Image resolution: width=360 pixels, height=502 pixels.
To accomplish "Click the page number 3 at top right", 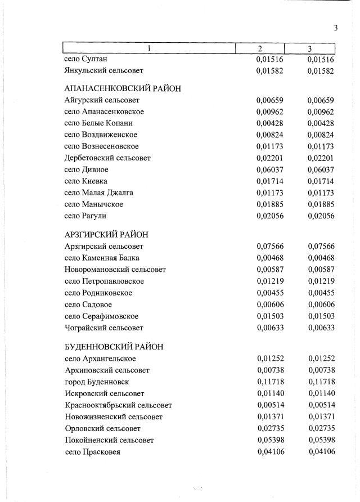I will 335,28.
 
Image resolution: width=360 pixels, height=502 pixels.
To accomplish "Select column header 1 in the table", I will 148,48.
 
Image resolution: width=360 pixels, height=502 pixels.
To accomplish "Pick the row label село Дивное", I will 87,169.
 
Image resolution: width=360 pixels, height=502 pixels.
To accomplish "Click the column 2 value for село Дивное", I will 269,169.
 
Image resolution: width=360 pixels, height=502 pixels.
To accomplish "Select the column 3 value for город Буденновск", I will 321,382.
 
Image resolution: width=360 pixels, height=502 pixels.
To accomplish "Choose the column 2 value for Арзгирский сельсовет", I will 269,246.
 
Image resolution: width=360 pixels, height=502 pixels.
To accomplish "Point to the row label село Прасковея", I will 93,452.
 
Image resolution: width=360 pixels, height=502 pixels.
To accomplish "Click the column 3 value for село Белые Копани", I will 321,123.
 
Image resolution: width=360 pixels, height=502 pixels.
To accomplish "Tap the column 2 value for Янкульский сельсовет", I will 269,71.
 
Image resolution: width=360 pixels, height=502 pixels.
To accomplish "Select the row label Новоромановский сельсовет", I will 115,270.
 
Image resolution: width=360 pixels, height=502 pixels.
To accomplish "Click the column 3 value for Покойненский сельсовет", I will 321,440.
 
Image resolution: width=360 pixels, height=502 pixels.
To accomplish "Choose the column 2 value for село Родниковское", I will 269,293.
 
